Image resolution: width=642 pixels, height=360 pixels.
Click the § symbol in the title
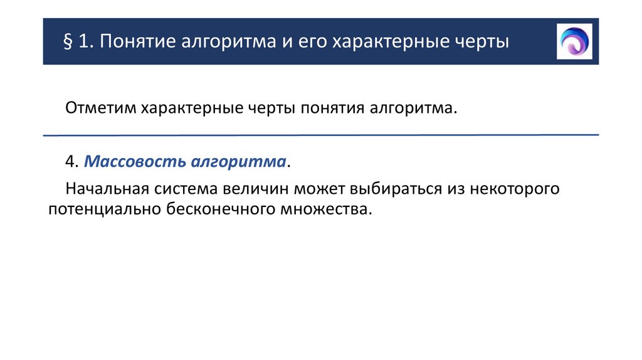click(x=68, y=43)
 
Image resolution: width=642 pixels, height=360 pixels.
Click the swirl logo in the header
click(x=574, y=41)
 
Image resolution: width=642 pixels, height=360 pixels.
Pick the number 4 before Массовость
click(x=70, y=162)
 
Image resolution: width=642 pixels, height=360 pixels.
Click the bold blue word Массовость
click(x=126, y=162)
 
